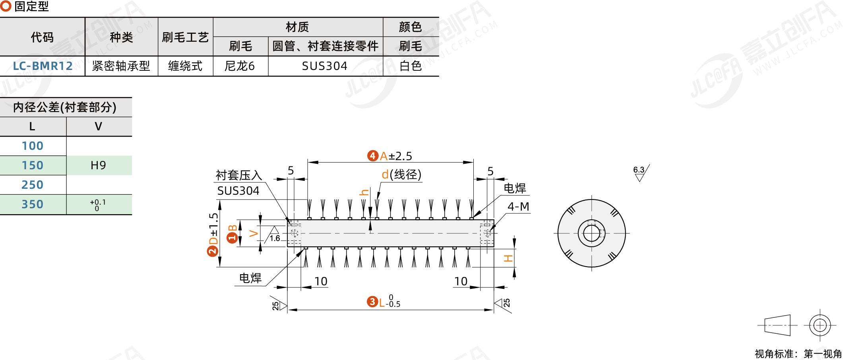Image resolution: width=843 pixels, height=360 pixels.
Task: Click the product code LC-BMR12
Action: [43, 66]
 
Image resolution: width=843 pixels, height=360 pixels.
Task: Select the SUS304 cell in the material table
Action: [325, 66]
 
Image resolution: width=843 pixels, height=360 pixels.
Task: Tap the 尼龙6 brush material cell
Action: [240, 66]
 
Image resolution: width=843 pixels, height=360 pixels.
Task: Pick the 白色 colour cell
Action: [411, 66]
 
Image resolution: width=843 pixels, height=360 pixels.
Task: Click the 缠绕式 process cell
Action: [185, 66]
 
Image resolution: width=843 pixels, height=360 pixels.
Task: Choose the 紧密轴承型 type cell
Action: [121, 66]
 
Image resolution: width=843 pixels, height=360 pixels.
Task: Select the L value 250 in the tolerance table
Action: [33, 185]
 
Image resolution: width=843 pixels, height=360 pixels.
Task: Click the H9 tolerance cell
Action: [98, 165]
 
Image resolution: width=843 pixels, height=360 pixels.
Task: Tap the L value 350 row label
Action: [33, 204]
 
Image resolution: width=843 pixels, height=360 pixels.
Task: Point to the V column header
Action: [98, 126]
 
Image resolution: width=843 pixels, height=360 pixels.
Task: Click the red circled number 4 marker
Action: [372, 156]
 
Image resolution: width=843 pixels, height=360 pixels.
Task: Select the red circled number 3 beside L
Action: [372, 302]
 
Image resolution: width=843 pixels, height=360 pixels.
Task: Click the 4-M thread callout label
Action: [518, 207]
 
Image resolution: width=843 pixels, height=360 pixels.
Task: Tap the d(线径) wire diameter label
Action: [401, 174]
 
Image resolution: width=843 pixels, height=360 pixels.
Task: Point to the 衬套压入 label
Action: [238, 175]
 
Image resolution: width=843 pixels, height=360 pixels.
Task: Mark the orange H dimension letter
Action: [508, 259]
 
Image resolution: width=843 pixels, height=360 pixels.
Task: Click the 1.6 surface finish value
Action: [275, 238]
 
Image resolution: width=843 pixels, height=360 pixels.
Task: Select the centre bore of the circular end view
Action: [591, 233]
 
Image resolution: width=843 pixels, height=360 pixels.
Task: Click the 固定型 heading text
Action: [31, 6]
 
